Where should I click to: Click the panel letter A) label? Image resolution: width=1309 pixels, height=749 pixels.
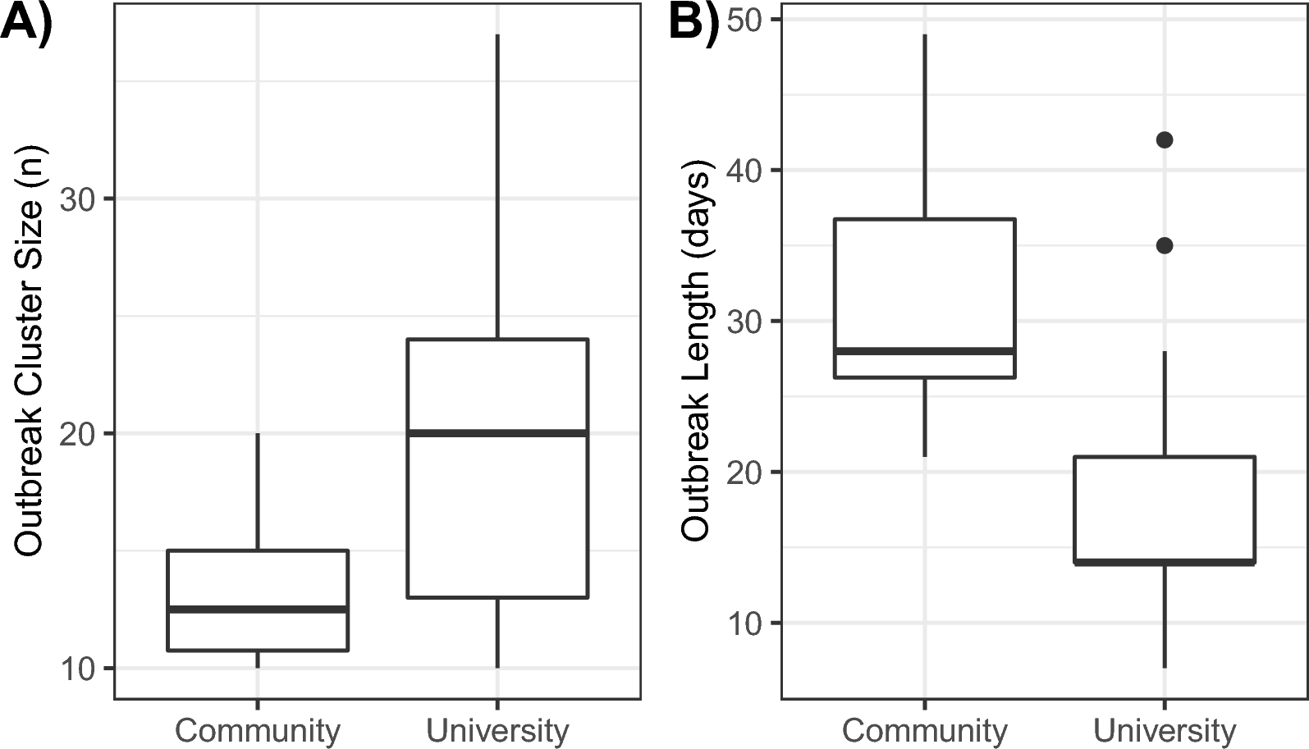26,22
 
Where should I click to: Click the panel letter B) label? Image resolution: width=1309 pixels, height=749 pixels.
694,22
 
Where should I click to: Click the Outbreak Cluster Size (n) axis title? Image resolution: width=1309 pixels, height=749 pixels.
30,351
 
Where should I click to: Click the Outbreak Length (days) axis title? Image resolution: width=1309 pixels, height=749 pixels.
696,355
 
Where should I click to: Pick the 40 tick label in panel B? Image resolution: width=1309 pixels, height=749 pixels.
745,171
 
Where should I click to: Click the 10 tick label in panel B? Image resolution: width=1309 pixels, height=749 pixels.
745,623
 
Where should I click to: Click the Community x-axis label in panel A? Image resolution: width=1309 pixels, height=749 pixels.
258,730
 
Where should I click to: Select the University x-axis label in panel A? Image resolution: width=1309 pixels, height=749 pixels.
497,730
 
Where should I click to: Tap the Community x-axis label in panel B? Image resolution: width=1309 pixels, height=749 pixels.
925,730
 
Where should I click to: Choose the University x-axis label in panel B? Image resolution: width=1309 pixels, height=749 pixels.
1165,730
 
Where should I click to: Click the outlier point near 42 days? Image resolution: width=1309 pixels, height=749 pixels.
1164,140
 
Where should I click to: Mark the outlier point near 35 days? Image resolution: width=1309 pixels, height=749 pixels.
1164,245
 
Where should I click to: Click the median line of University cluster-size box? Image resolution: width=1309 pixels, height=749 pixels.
497,432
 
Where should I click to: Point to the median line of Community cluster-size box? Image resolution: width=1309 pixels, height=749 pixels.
258,609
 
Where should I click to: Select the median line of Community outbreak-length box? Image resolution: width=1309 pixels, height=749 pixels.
925,351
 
